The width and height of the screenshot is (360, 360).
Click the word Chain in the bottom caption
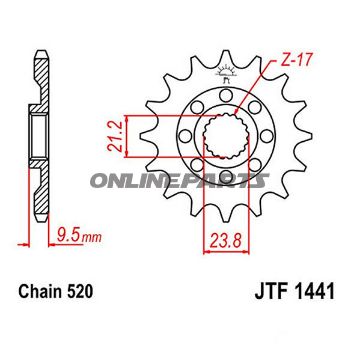[39, 295]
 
